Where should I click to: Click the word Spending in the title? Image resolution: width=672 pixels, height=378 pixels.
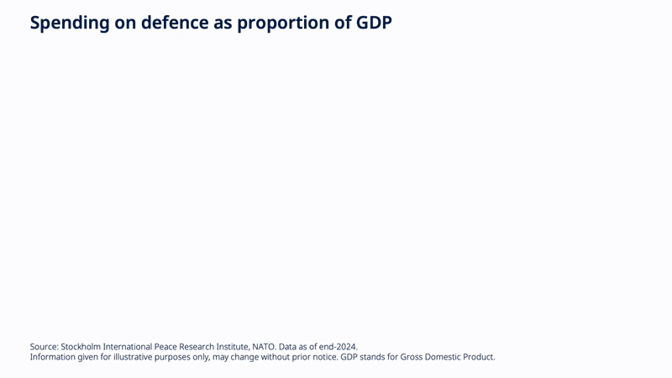[x=70, y=24]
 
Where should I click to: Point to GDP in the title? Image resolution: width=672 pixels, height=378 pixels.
[x=374, y=23]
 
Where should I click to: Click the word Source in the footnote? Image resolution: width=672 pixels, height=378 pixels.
[x=45, y=347]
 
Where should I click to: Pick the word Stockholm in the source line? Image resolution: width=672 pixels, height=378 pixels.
[x=81, y=347]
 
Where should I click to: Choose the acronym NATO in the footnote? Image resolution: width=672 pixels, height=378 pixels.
[x=264, y=347]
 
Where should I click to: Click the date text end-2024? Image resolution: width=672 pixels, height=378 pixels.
[x=339, y=347]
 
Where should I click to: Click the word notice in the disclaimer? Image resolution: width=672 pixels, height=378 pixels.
[x=325, y=357]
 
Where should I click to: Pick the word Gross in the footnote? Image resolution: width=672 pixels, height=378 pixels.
[x=411, y=357]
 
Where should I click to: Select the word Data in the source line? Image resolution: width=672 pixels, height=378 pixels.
[x=287, y=347]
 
